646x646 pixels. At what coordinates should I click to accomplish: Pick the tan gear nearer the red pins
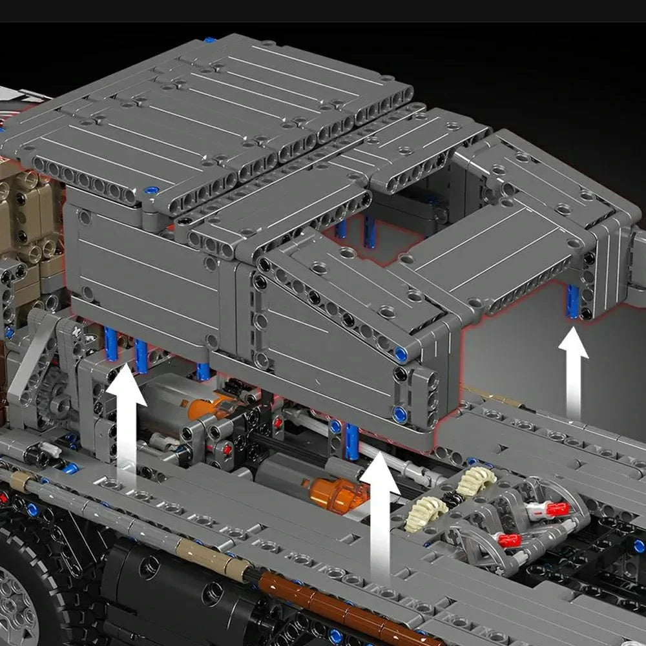pos(475,481)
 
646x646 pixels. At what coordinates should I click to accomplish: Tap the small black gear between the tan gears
pos(452,499)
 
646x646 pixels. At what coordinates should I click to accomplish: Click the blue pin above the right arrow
pos(573,302)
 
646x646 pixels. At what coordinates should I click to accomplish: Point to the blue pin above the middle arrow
pos(352,441)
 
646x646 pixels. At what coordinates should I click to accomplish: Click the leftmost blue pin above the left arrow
pos(111,344)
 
